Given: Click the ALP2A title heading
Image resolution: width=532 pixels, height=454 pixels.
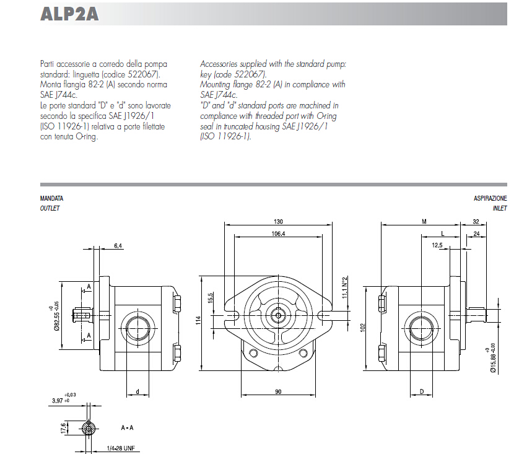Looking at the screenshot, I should click(69, 14).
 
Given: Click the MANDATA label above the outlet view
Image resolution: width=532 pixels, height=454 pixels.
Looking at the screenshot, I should click(51, 198).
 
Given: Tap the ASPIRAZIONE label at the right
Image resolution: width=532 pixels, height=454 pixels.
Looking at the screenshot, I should click(490, 198).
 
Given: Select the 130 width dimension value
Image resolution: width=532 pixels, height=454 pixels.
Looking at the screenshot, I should click(278, 222).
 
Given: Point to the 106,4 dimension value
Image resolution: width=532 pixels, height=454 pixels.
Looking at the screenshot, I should click(278, 234).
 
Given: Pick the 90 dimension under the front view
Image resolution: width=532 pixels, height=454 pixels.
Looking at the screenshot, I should click(279, 391).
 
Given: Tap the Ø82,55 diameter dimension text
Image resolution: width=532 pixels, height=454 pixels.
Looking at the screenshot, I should click(56, 316).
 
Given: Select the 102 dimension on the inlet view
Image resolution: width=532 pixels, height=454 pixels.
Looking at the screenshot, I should click(364, 326).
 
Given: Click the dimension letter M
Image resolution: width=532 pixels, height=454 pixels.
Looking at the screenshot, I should click(424, 222).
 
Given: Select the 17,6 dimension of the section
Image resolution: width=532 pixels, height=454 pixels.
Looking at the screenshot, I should click(63, 427).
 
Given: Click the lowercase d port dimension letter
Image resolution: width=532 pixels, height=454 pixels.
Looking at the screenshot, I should click(137, 391).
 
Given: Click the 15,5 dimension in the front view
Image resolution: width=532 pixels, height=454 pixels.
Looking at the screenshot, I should click(211, 298).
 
